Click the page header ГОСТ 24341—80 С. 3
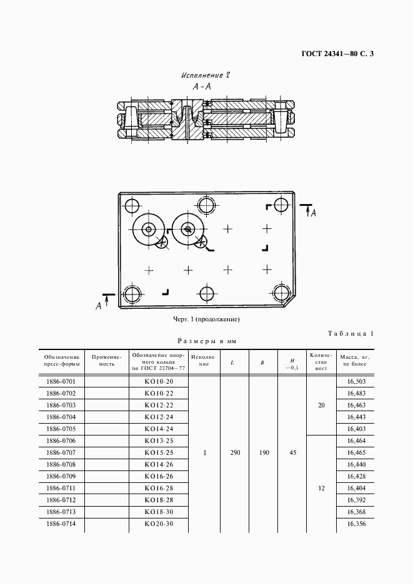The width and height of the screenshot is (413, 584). (334, 54)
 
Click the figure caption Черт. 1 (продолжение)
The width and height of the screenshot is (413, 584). (206, 319)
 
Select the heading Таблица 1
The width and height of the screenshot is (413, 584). (351, 334)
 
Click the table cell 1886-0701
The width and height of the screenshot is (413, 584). (61, 381)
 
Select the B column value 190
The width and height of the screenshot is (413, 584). (264, 452)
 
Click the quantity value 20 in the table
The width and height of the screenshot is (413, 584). (321, 405)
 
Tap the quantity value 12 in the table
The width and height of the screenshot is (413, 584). (321, 488)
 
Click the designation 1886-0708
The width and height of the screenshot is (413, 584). (61, 464)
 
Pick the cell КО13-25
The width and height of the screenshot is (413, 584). (158, 440)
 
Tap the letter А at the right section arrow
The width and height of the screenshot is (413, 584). (314, 213)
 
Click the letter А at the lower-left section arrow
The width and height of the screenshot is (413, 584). (98, 305)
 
